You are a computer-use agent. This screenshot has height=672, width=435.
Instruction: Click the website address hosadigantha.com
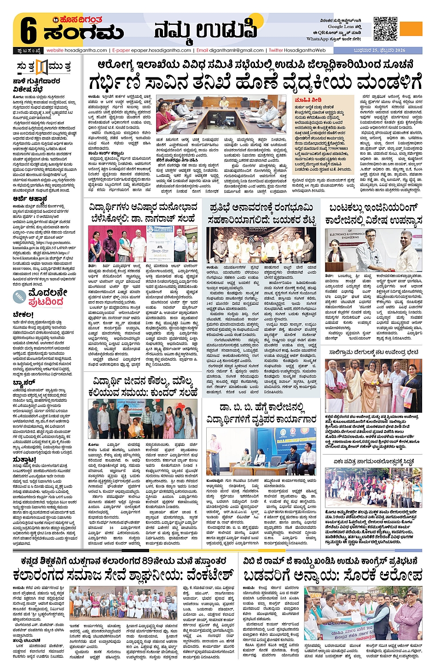pyautogui.click(x=77, y=50)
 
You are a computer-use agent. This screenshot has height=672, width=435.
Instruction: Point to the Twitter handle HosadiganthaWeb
pyautogui.click(x=297, y=50)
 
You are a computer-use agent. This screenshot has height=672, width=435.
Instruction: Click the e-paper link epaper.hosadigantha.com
pyautogui.click(x=152, y=50)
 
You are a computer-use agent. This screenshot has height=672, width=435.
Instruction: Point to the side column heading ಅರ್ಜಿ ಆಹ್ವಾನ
pyautogui.click(x=30, y=199)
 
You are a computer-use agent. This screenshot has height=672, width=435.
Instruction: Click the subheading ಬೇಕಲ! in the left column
pyautogui.click(x=23, y=315)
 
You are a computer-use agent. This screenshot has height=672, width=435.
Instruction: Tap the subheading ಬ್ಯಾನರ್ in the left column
pyautogui.click(x=24, y=382)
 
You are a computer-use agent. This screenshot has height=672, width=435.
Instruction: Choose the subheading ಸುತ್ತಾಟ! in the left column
pyautogui.click(x=24, y=460)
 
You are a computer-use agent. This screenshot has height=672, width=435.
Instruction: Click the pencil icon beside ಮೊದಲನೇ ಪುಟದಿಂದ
pyautogui.click(x=20, y=297)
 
